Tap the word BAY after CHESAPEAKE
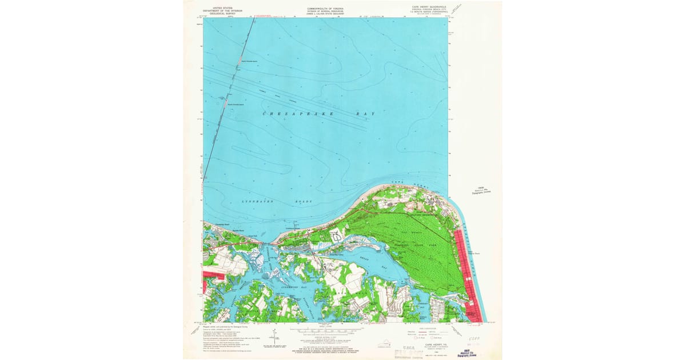coord(366,114)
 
